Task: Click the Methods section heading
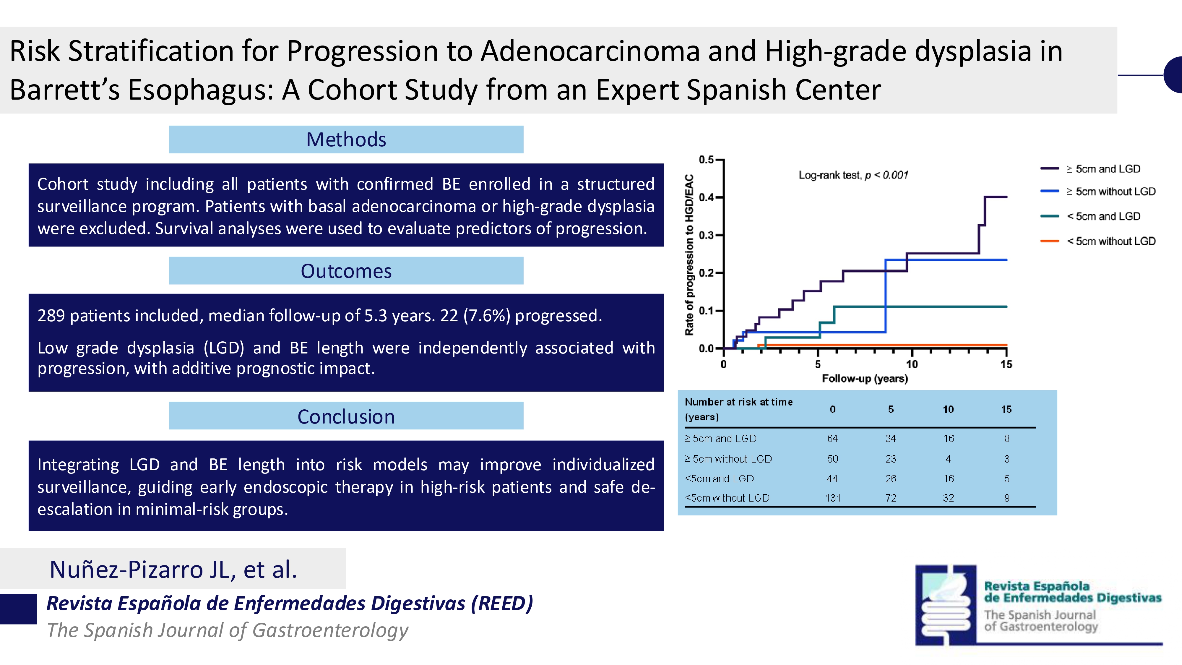[x=346, y=140]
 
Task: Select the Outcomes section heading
[x=346, y=271]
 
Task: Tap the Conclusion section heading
[x=346, y=417]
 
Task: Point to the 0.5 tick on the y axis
[x=706, y=160]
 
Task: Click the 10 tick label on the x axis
[x=912, y=364]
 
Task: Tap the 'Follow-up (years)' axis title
[x=864, y=379]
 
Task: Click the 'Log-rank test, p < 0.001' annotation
[x=853, y=175]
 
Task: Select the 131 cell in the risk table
[x=832, y=498]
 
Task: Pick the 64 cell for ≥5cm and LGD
[x=832, y=439]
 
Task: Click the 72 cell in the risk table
[x=891, y=498]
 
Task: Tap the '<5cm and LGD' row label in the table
[x=719, y=479]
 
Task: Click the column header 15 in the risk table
[x=1006, y=409]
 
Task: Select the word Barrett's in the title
[x=64, y=90]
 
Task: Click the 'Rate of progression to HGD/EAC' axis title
[x=689, y=255]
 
